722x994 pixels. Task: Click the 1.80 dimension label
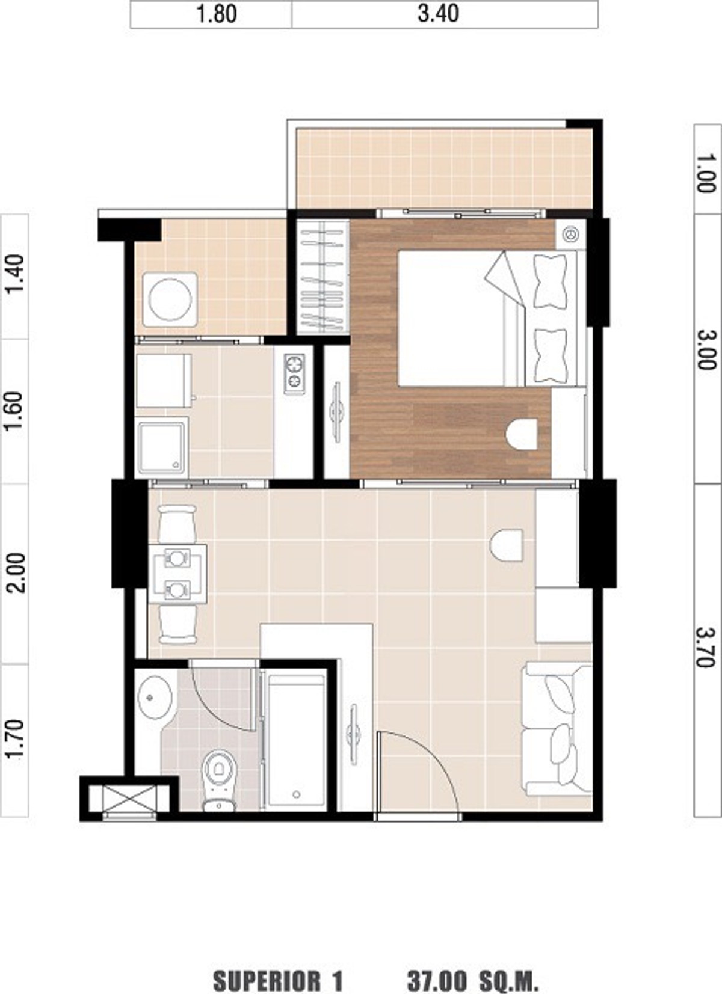click(216, 14)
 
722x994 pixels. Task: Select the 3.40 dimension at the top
click(438, 14)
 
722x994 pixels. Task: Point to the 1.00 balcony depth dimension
click(707, 173)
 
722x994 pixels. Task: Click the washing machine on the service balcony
click(170, 299)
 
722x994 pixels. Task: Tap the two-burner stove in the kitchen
click(294, 373)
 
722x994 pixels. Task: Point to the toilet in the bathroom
click(219, 780)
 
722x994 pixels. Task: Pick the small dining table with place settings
click(177, 574)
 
